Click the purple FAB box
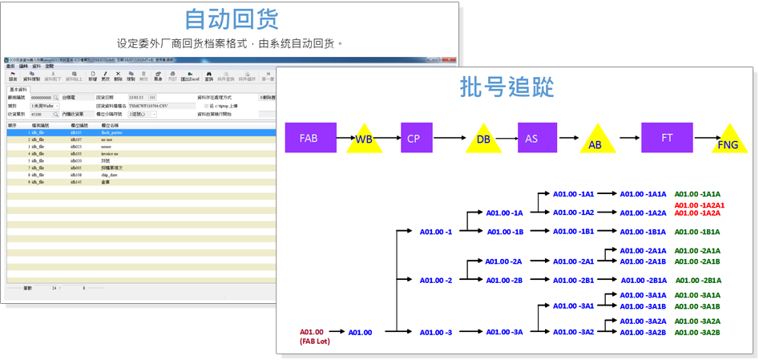click(309, 138)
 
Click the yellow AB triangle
click(594, 142)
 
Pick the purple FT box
click(667, 138)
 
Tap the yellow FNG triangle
click(728, 140)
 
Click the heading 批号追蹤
click(507, 87)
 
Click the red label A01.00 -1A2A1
click(699, 205)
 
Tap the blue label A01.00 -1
click(436, 232)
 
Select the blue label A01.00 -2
click(436, 281)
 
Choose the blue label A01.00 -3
click(436, 332)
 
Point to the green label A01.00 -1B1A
click(698, 232)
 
